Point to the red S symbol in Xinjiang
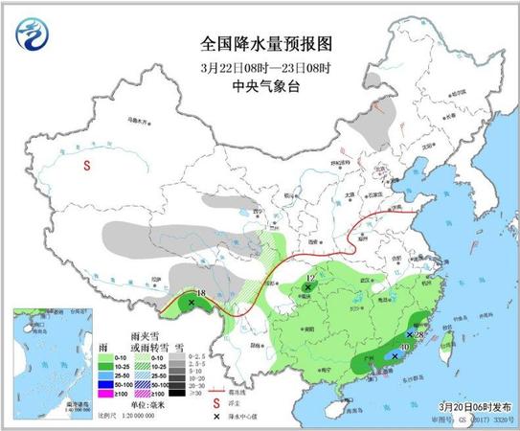tap(87, 166)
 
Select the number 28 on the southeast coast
tap(419, 334)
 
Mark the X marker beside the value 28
tap(410, 335)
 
